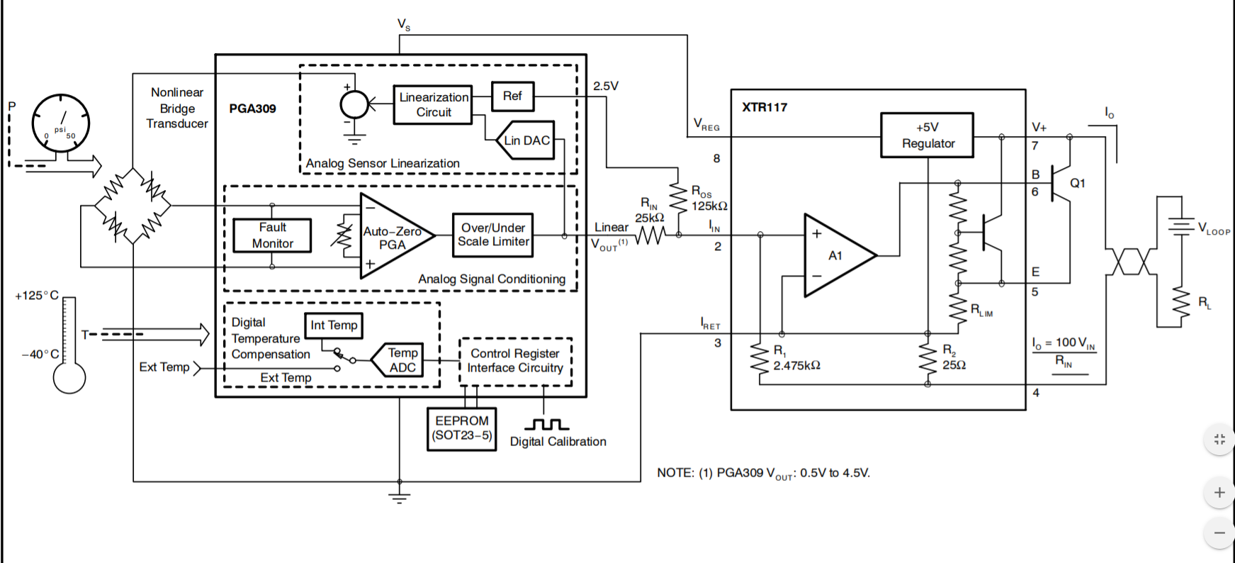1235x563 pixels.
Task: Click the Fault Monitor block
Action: pyautogui.click(x=272, y=235)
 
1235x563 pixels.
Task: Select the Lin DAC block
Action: pyautogui.click(x=526, y=140)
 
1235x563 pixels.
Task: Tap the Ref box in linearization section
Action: pyautogui.click(x=512, y=96)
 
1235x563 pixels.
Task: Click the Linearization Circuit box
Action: pyautogui.click(x=433, y=105)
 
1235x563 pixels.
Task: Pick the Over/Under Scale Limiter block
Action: pyautogui.click(x=493, y=235)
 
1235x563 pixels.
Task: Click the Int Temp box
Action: pyautogui.click(x=334, y=325)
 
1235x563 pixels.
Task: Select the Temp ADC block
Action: pyautogui.click(x=400, y=360)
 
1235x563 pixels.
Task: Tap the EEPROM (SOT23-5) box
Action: pyautogui.click(x=462, y=428)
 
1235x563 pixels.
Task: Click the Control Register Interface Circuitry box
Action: pyautogui.click(x=515, y=361)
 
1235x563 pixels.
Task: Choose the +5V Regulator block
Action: pyautogui.click(x=927, y=135)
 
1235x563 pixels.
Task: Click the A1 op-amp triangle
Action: pyautogui.click(x=837, y=255)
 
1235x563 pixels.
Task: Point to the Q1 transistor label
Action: pyautogui.click(x=1077, y=184)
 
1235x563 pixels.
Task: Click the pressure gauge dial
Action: pyautogui.click(x=61, y=123)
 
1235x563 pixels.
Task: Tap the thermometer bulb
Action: pyautogui.click(x=69, y=377)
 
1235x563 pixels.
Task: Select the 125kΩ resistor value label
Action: pyautogui.click(x=709, y=206)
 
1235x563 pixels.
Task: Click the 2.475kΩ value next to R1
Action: pyautogui.click(x=796, y=366)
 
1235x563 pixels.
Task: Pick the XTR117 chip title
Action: pyautogui.click(x=765, y=108)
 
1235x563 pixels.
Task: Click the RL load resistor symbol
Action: pyautogui.click(x=1180, y=303)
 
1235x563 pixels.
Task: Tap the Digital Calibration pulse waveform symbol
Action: pyautogui.click(x=546, y=425)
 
